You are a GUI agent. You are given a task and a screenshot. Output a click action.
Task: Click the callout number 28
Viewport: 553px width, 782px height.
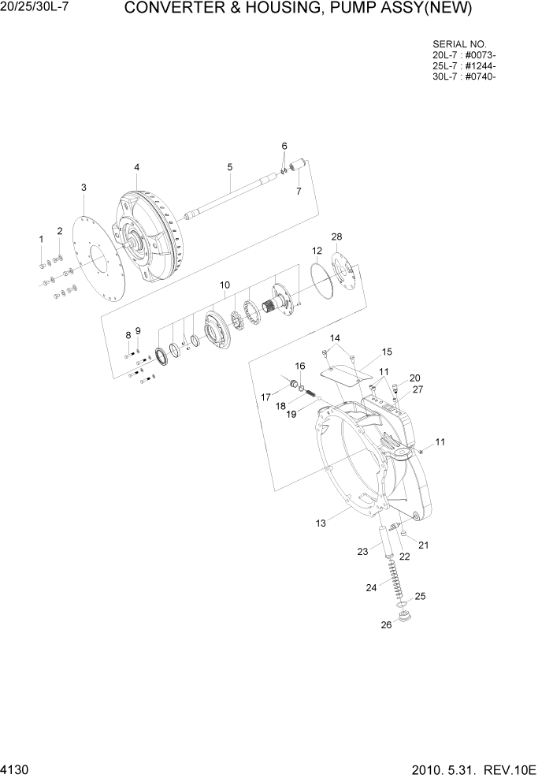pyautogui.click(x=336, y=236)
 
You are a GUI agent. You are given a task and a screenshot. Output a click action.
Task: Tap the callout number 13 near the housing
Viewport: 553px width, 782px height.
pyautogui.click(x=321, y=523)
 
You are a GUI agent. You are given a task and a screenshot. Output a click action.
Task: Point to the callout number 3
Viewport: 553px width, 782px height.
pyautogui.click(x=84, y=187)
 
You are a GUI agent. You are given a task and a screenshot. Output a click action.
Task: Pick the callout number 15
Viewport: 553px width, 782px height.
pyautogui.click(x=387, y=352)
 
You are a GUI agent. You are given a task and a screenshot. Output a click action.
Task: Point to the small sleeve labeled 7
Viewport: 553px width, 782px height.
pyautogui.click(x=299, y=165)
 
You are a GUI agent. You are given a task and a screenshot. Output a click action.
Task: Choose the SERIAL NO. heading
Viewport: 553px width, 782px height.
pyautogui.click(x=460, y=43)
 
